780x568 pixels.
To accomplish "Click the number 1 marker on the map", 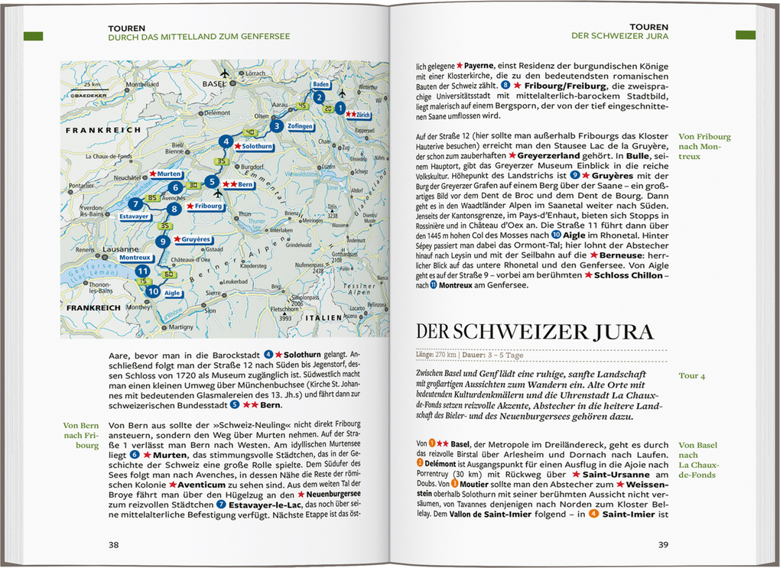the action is click(340, 109).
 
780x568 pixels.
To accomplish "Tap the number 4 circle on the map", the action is click(225, 141).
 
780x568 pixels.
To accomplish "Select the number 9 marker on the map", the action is click(161, 242).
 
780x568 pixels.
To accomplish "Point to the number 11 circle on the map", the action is click(142, 271).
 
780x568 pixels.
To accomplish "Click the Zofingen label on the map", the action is click(300, 125).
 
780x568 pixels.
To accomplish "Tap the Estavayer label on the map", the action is click(135, 216).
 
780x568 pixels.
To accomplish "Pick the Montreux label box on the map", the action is click(135, 258).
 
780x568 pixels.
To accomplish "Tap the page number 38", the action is click(113, 545).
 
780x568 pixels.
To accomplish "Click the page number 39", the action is click(663, 545).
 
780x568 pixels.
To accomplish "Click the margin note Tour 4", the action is click(692, 376).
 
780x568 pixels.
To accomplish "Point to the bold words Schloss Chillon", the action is click(628, 275).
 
